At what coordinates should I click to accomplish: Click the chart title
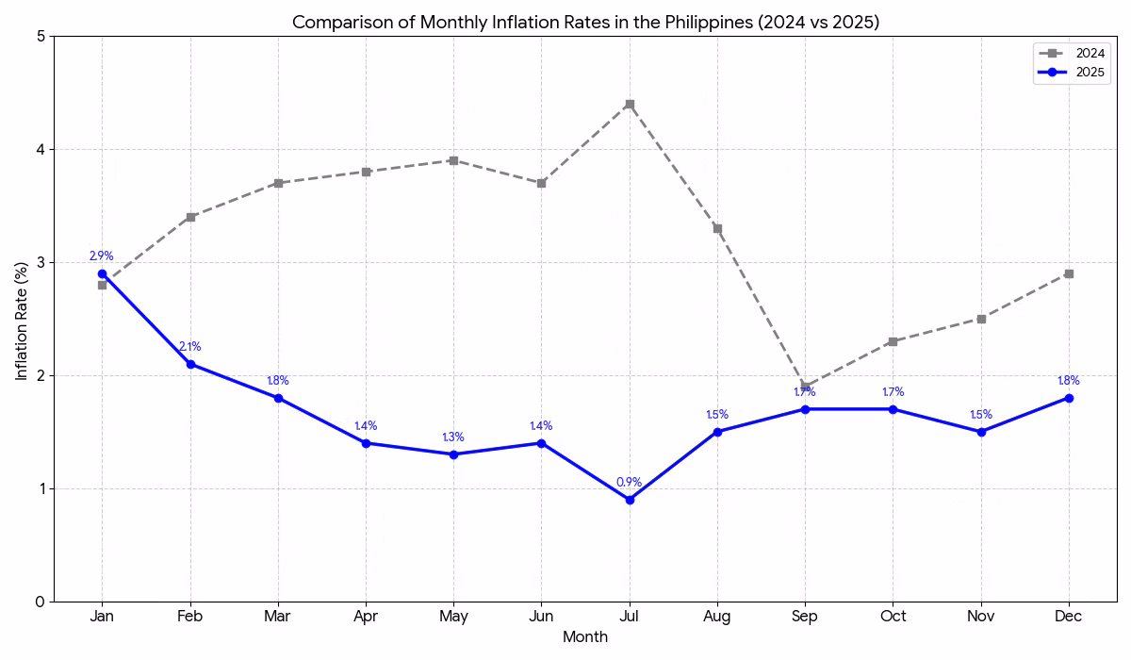(585, 23)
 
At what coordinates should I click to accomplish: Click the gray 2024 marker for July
(630, 104)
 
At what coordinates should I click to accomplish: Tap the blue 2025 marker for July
(630, 500)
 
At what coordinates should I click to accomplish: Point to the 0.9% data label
(629, 483)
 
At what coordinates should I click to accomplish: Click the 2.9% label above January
(102, 256)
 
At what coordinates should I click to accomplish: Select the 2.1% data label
(189, 347)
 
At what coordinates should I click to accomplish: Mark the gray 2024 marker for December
(1069, 273)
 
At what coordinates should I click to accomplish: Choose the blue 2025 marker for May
(453, 454)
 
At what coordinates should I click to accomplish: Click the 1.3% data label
(453, 437)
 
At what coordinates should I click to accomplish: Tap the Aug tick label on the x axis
(717, 617)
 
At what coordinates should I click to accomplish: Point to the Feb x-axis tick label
(190, 617)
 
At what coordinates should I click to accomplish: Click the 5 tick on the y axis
(40, 37)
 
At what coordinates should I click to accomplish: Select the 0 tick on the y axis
(40, 602)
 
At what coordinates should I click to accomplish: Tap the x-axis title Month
(585, 637)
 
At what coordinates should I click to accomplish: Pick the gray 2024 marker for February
(190, 217)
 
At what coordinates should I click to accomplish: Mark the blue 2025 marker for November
(981, 432)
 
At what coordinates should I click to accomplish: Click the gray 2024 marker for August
(717, 228)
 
